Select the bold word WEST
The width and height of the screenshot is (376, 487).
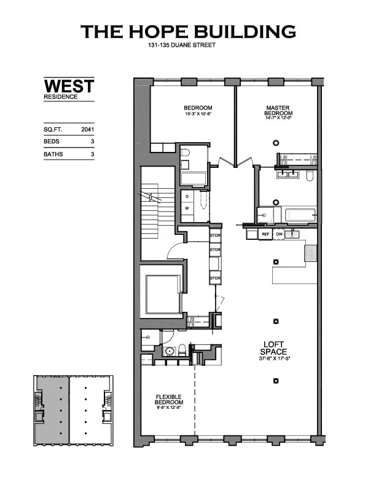[x=68, y=86]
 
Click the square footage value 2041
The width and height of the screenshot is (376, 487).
[x=87, y=130]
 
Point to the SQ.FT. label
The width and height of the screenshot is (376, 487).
[x=53, y=130]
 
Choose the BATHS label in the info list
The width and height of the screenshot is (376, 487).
[x=53, y=155]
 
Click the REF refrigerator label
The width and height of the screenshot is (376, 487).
[x=266, y=234]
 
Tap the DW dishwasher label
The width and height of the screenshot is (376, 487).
[x=280, y=234]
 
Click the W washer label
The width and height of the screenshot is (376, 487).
[x=188, y=208]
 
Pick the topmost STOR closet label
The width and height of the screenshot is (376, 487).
[x=215, y=236]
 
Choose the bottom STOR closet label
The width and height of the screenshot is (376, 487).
[x=215, y=279]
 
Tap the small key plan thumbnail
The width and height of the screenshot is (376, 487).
[x=73, y=408]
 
